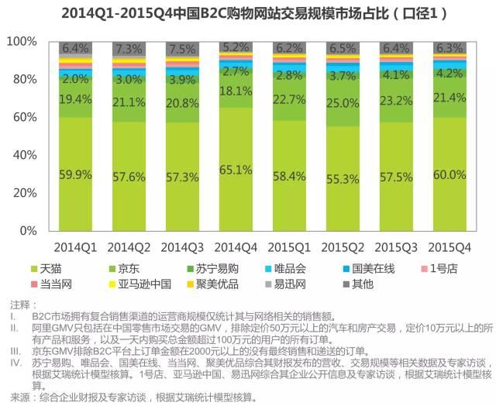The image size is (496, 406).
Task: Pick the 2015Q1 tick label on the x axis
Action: (x=289, y=247)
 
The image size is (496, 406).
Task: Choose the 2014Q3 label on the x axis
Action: (x=181, y=247)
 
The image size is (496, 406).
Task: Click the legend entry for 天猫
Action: (x=65, y=268)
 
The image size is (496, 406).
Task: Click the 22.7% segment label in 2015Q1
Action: (x=289, y=98)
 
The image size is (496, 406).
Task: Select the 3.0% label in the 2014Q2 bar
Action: (x=128, y=79)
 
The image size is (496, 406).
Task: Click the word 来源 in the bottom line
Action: (x=16, y=398)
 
